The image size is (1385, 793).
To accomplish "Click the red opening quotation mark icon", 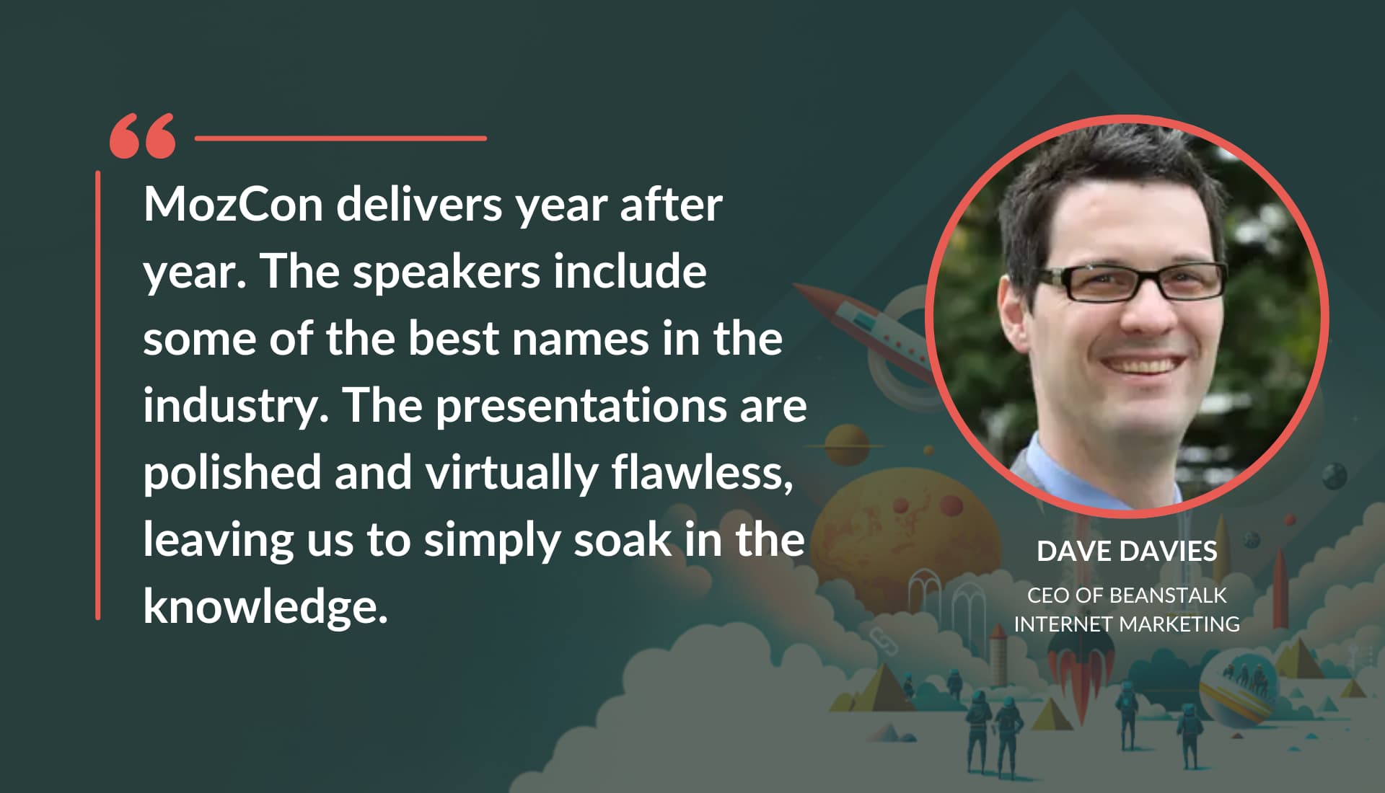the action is (x=142, y=136).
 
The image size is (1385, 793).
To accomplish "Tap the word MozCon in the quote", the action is (x=233, y=205).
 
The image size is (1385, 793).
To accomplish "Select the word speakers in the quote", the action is (x=447, y=273).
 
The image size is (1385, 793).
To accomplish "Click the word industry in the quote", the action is (x=230, y=407).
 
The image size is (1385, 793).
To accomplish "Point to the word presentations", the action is (x=581, y=407).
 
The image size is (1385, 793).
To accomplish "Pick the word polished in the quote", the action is (x=232, y=473).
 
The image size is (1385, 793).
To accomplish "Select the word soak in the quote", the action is (x=623, y=540).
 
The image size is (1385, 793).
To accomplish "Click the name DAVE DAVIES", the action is (x=1127, y=551).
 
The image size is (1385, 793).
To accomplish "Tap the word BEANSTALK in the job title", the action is (x=1167, y=595).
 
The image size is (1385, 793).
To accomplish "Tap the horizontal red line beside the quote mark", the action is (x=340, y=138).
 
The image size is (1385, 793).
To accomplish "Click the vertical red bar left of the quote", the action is (x=98, y=395).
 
